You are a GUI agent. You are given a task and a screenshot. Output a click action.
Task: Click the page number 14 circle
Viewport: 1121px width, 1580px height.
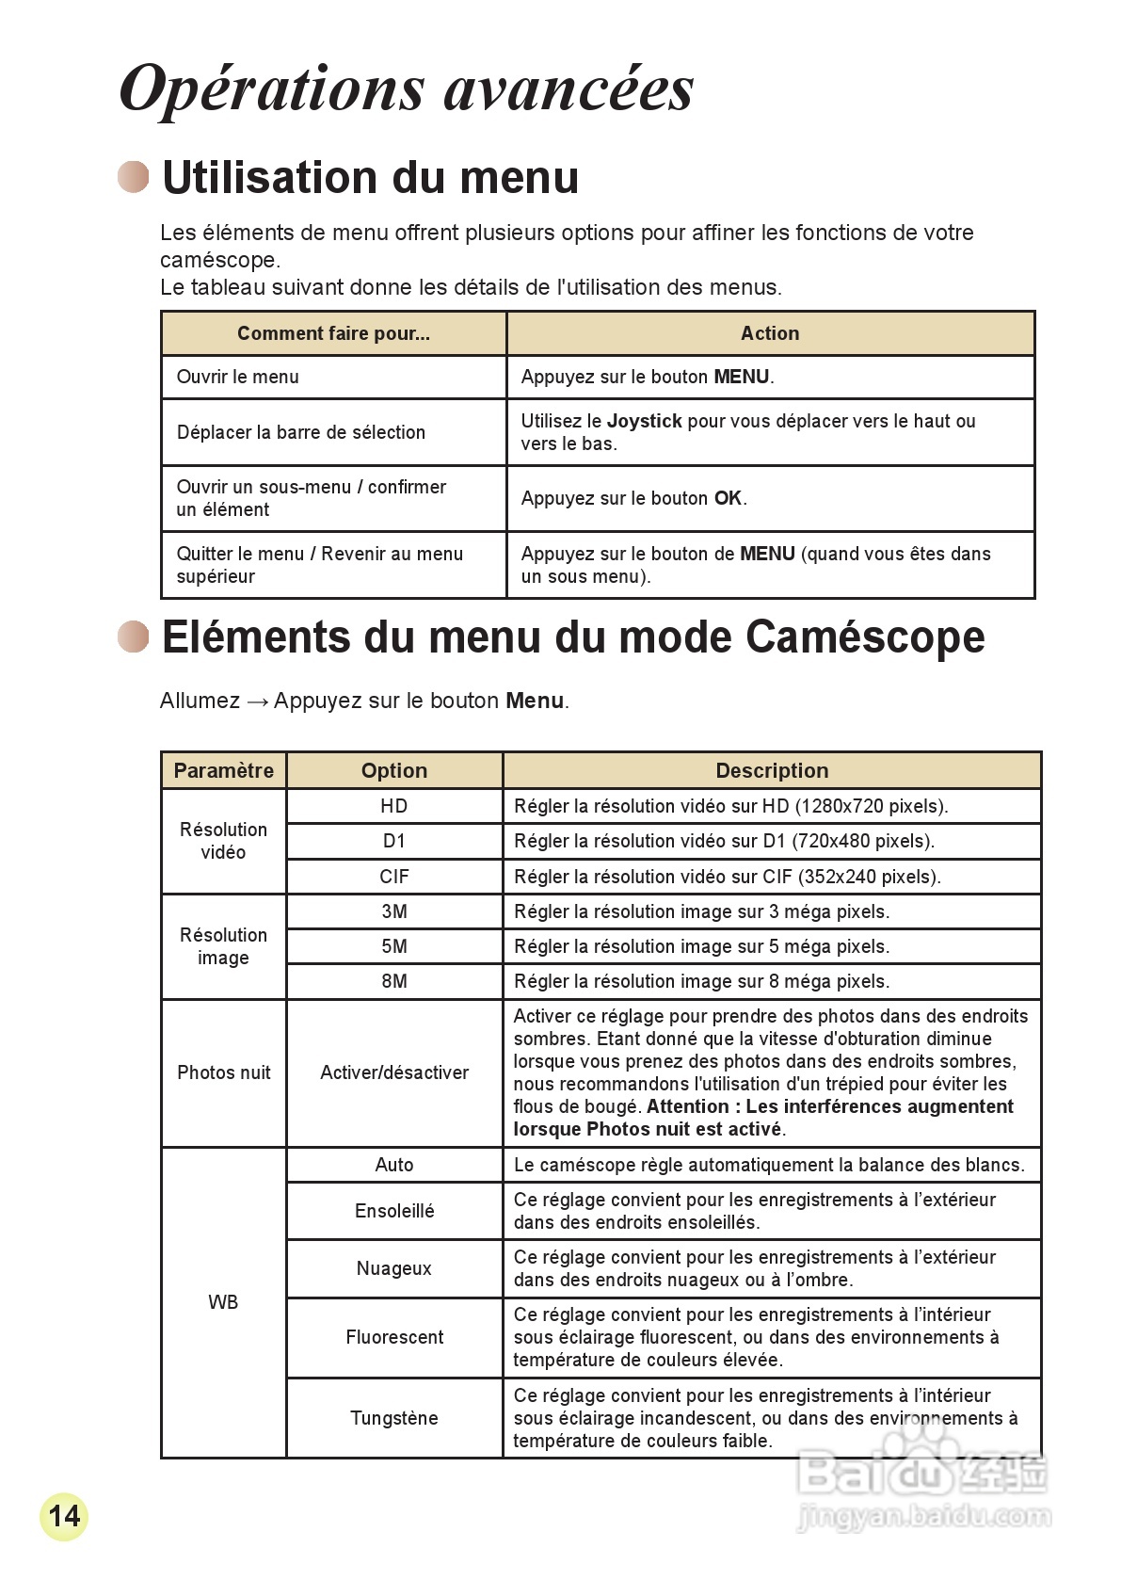point(64,1516)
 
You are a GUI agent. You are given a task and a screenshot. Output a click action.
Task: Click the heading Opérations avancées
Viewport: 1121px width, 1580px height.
point(407,89)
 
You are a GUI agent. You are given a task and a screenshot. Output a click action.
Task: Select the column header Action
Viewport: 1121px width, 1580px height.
point(770,333)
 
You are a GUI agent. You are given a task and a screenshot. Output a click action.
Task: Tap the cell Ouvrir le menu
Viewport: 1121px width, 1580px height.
point(238,377)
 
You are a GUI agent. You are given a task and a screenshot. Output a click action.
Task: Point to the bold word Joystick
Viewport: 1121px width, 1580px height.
point(645,421)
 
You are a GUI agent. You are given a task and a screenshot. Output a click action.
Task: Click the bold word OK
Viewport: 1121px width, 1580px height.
point(728,498)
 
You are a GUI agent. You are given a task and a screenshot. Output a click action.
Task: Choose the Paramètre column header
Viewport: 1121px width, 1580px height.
point(224,770)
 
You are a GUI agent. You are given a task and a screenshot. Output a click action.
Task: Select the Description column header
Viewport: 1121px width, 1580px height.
point(772,770)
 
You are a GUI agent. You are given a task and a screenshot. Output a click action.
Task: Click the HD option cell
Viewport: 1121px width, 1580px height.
point(394,806)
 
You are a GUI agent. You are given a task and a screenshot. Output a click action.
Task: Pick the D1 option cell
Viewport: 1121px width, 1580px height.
point(394,841)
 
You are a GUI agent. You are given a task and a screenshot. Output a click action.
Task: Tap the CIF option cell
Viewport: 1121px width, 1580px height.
point(394,877)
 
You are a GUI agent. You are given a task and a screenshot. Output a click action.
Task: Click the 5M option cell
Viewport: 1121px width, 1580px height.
point(394,946)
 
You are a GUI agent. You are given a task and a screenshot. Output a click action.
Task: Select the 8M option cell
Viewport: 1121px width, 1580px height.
point(394,981)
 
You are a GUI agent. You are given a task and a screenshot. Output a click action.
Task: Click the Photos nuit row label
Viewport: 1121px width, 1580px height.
point(224,1072)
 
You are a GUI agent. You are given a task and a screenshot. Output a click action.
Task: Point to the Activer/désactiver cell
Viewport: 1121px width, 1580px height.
point(394,1072)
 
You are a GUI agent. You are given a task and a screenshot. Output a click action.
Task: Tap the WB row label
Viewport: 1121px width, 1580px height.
point(223,1302)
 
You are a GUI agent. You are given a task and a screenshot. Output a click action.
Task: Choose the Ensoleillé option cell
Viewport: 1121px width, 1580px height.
point(394,1211)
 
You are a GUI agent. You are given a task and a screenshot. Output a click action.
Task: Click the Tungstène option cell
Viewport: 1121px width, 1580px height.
point(394,1418)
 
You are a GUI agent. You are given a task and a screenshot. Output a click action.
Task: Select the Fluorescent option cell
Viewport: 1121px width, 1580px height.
point(394,1337)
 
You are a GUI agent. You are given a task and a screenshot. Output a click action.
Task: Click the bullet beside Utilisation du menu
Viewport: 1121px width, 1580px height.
point(134,177)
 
